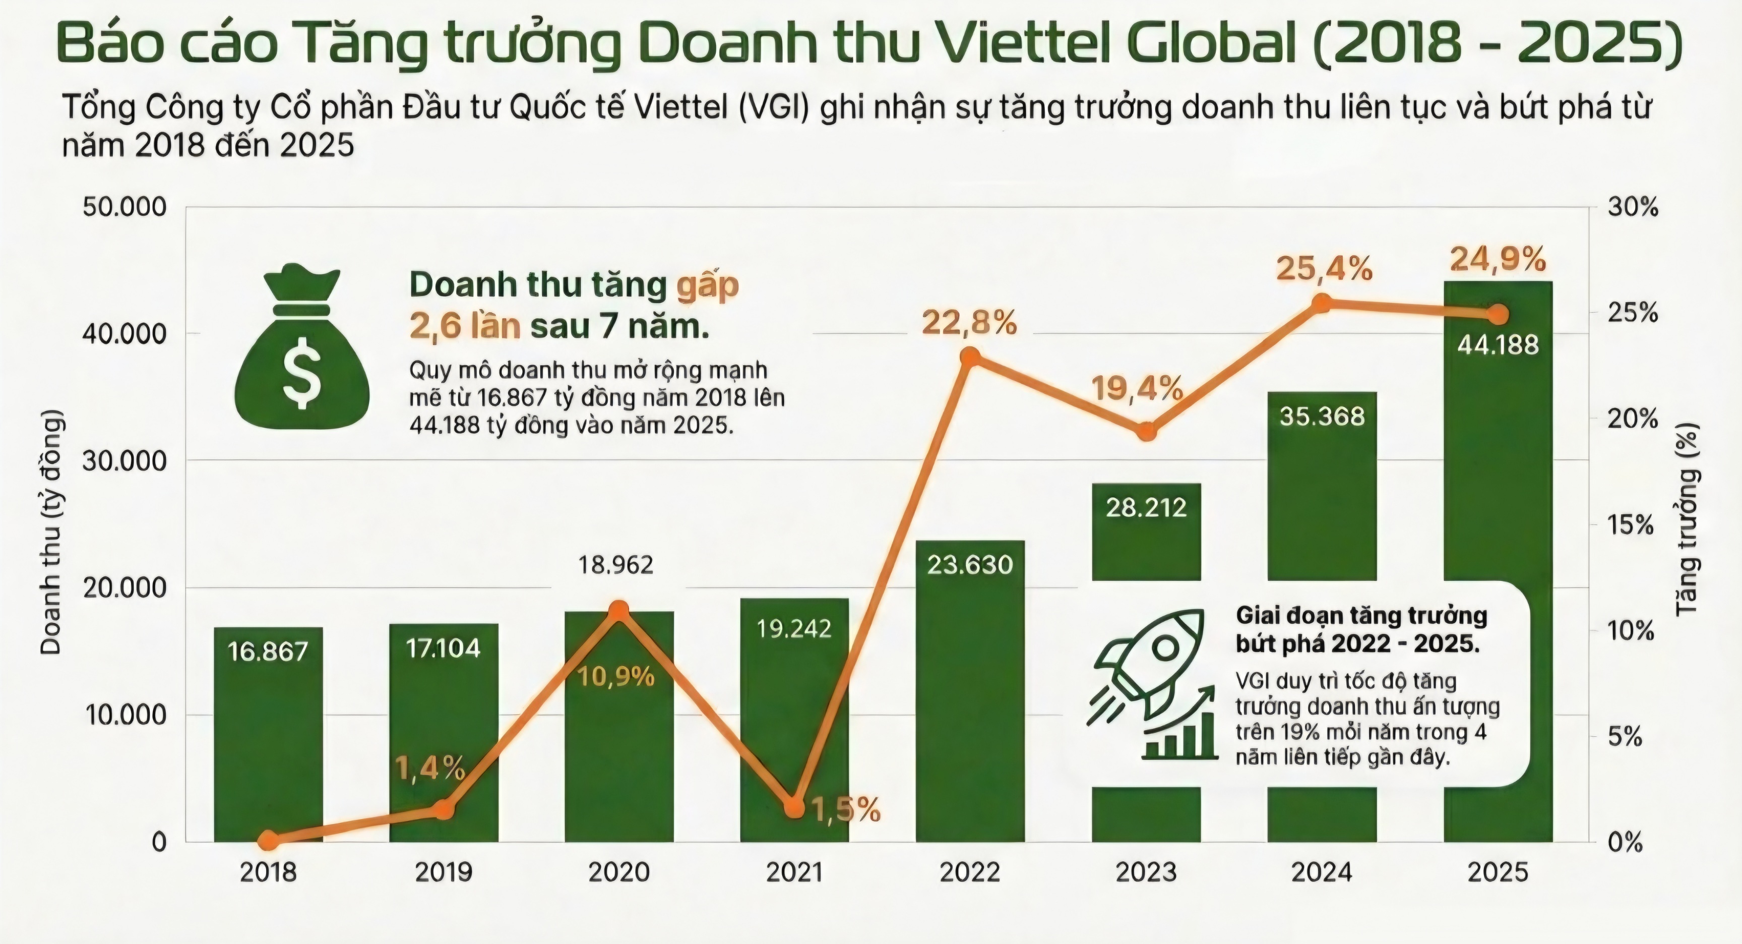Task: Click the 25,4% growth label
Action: pos(1324,269)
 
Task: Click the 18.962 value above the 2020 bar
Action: pos(615,564)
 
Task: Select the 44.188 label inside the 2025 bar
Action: pos(1498,345)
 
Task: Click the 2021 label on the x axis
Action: pos(794,872)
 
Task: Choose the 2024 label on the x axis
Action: pos(1322,872)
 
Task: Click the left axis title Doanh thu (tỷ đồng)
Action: pos(51,533)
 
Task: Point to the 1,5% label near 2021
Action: pos(845,810)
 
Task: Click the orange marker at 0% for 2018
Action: pos(269,841)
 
